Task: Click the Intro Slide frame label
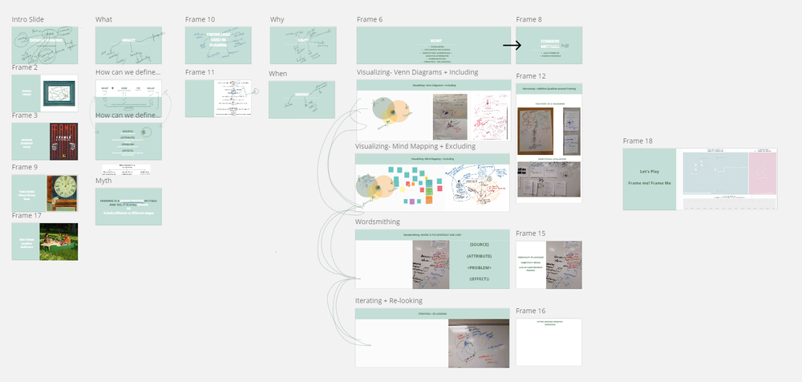29,19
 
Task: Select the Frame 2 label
25,67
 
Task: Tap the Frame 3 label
25,116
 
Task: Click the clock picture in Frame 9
61,192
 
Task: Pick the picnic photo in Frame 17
59,242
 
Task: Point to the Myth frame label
103,181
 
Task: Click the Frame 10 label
200,19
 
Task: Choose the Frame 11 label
200,72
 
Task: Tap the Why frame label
277,19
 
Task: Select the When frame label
278,73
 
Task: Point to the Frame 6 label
369,19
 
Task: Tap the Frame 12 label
531,76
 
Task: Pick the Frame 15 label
531,234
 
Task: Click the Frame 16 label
531,311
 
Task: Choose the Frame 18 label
638,141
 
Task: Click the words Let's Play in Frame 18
650,173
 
